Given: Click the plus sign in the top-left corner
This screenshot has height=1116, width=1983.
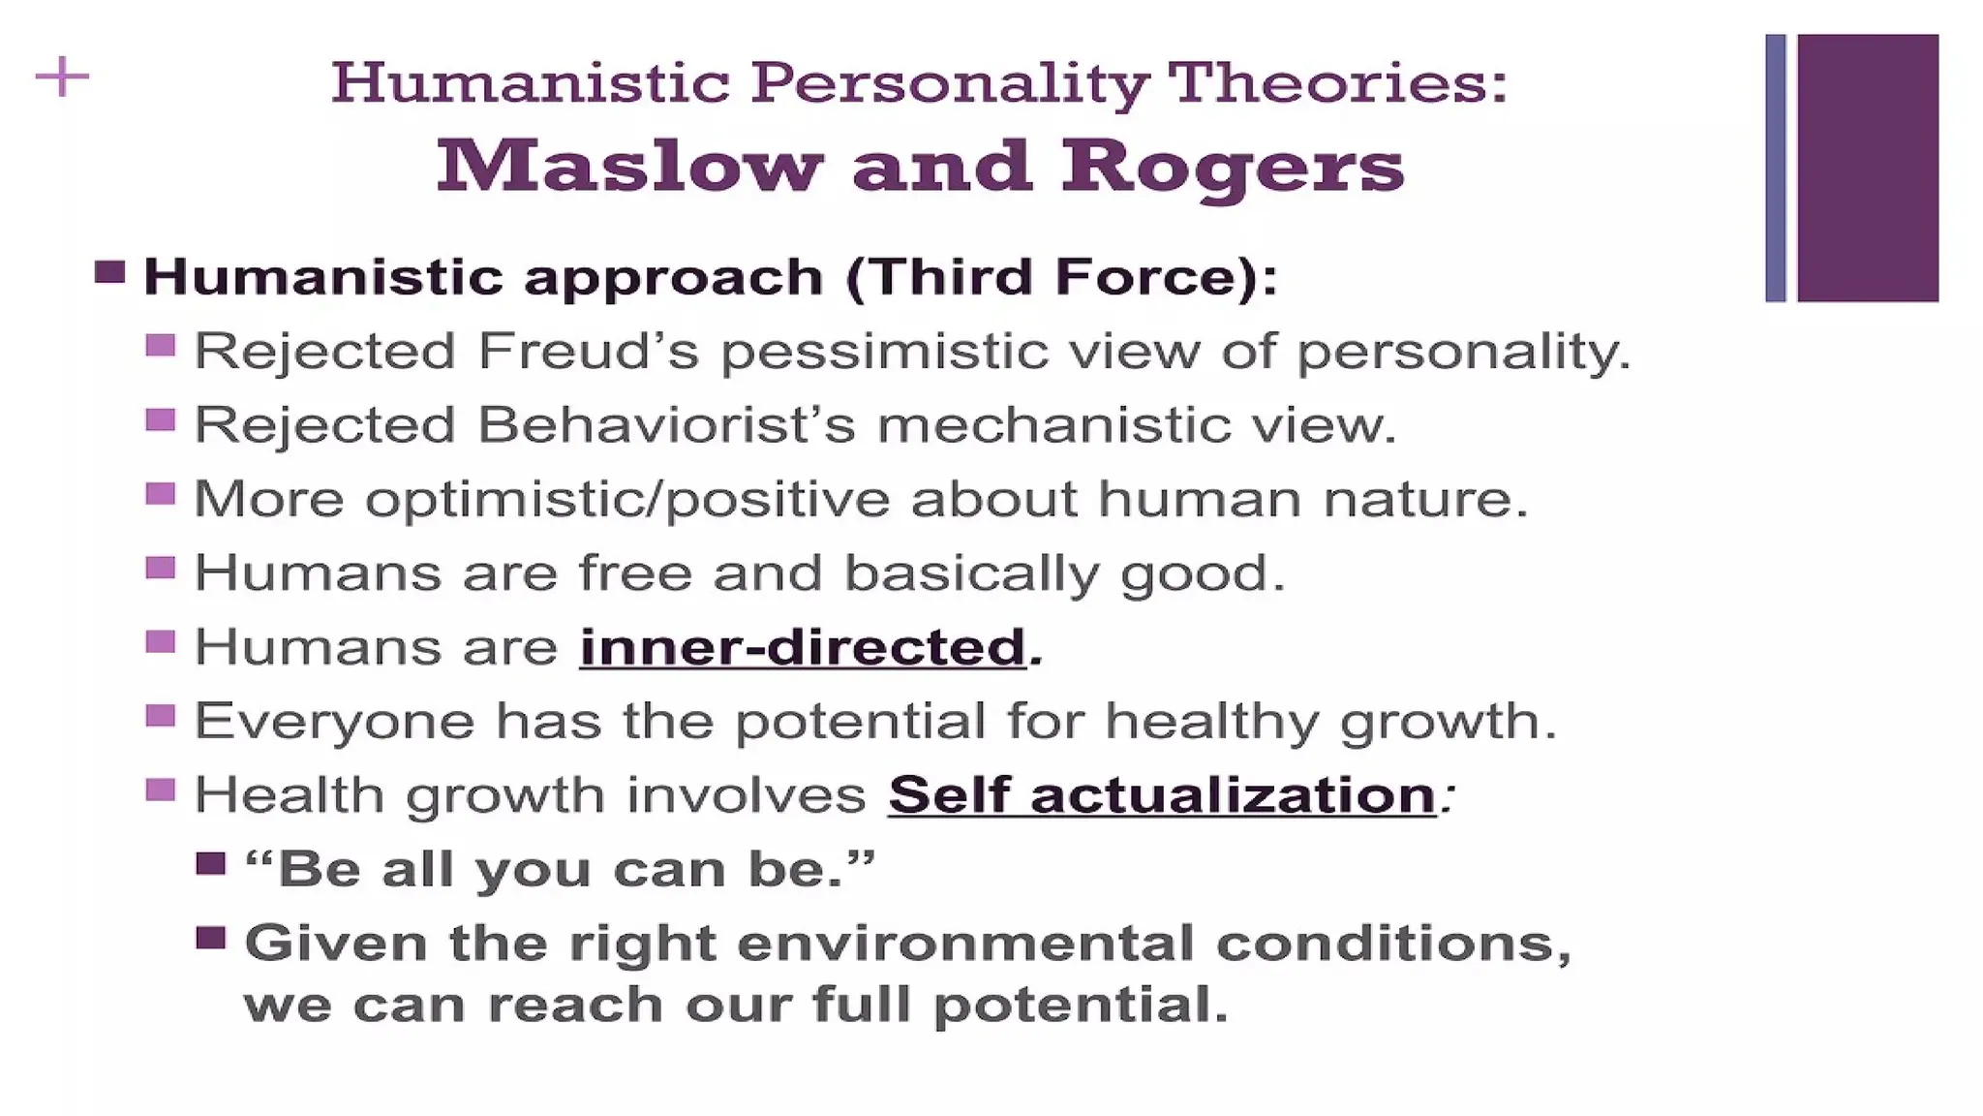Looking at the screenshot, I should coord(62,77).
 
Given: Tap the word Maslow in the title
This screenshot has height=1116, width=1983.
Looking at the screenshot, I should coord(629,167).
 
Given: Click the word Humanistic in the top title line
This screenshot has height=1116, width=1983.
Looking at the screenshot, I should coord(530,82).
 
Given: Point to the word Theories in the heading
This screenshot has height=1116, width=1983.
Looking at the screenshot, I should coord(1337,82).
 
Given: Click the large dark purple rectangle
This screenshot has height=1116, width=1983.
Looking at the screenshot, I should coord(1868,168).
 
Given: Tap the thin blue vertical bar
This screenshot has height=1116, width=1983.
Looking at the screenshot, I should coord(1775,168).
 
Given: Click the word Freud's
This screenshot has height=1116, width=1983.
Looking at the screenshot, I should coord(588,351).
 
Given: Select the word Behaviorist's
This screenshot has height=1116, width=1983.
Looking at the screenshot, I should coord(667,425).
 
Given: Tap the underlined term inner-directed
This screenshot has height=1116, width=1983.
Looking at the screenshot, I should coord(803,647).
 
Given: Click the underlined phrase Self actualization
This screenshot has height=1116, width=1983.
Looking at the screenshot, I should coord(1162,795).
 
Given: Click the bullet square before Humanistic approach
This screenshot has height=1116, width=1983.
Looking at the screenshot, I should coord(110,272).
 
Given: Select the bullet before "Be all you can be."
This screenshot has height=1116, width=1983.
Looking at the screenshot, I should coord(211,863).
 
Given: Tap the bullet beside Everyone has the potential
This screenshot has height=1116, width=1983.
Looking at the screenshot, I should coord(161,716).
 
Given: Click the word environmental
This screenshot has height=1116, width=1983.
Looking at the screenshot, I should coord(965,944).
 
